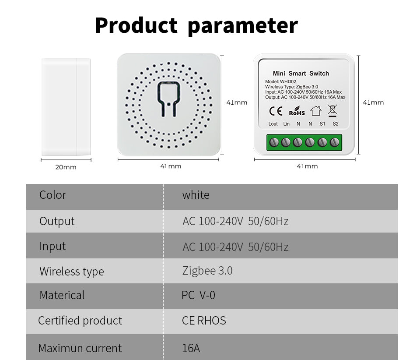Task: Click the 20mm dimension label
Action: [66, 167]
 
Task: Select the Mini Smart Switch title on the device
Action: [301, 74]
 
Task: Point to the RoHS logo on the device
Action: [297, 111]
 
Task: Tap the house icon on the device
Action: [315, 111]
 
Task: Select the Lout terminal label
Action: [273, 124]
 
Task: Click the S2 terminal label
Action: [336, 124]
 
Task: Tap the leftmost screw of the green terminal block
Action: [275, 142]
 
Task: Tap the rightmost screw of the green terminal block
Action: [335, 142]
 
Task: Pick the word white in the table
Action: [196, 195]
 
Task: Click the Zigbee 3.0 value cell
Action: [207, 271]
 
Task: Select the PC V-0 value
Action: [198, 295]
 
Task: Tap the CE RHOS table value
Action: [204, 321]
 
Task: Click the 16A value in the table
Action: [191, 348]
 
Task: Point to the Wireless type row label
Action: [72, 272]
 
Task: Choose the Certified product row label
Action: [80, 321]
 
